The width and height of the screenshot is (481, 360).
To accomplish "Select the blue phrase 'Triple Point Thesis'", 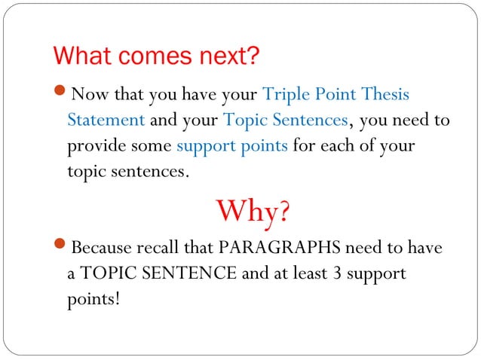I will click(335, 96).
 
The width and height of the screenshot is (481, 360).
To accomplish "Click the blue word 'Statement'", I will click(106, 121).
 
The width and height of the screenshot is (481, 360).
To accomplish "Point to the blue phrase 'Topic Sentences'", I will click(286, 121).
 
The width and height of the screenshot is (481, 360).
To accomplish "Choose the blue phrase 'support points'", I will click(231, 145).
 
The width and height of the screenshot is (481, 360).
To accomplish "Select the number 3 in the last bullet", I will click(335, 273).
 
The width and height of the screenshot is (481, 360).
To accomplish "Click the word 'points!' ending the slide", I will click(93, 298).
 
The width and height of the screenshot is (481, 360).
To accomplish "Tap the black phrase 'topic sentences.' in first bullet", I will click(125, 171).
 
